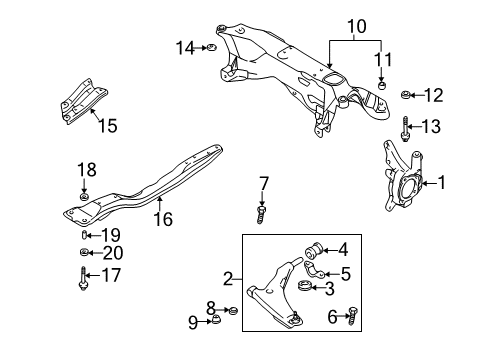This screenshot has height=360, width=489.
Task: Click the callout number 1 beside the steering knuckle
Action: [442, 183]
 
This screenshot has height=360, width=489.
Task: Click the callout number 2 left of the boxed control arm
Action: [229, 278]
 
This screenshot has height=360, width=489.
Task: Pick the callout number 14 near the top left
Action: [182, 46]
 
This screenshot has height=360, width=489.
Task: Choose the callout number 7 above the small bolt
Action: [264, 183]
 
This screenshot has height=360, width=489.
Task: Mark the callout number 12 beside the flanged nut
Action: [432, 96]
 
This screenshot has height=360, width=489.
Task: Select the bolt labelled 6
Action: [352, 317]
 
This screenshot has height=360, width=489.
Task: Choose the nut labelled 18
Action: [85, 194]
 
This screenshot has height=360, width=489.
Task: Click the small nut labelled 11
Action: [382, 85]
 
